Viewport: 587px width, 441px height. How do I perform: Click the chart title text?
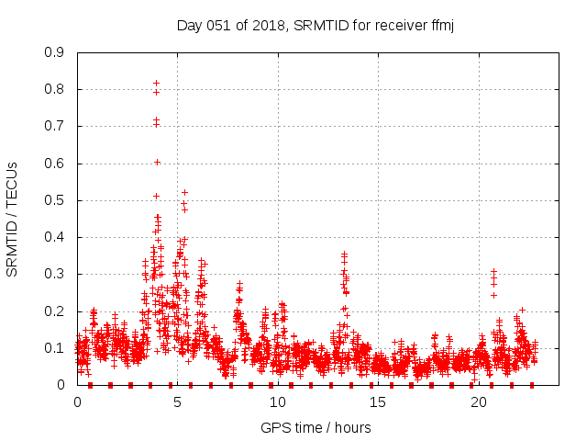point(316,26)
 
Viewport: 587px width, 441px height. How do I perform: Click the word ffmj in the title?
point(441,26)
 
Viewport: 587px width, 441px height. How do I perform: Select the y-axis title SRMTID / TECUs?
point(12,218)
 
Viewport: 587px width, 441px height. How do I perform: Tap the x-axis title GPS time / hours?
point(316,427)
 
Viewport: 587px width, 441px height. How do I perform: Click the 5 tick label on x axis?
point(177,403)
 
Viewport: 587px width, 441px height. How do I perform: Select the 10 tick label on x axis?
point(277,403)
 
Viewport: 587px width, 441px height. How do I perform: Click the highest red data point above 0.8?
point(157,84)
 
